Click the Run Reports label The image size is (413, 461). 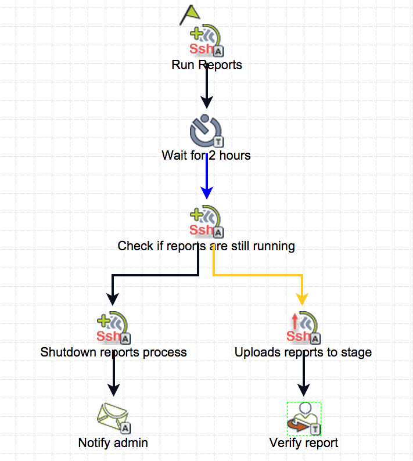pos(207,64)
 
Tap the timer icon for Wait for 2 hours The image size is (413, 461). pos(206,131)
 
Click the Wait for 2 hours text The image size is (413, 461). pos(206,156)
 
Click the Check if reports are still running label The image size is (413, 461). pos(206,246)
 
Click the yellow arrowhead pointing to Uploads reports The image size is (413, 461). pos(302,298)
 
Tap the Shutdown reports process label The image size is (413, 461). pos(114,352)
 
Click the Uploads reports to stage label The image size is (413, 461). pos(303,352)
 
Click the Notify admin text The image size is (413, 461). pos(113,443)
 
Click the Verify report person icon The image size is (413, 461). pos(303,418)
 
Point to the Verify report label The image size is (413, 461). pos(304,443)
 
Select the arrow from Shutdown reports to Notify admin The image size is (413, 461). pos(114,377)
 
